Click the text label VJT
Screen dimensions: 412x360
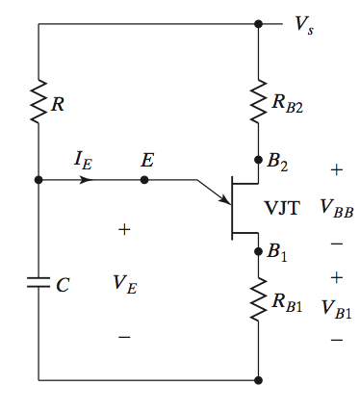283,206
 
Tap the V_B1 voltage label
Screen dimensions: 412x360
336,309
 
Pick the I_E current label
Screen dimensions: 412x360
84,161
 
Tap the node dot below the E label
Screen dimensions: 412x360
144,180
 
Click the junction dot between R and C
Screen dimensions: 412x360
39,180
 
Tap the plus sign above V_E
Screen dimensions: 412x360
123,229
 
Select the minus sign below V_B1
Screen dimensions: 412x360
336,340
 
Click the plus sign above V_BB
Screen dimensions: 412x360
336,169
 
